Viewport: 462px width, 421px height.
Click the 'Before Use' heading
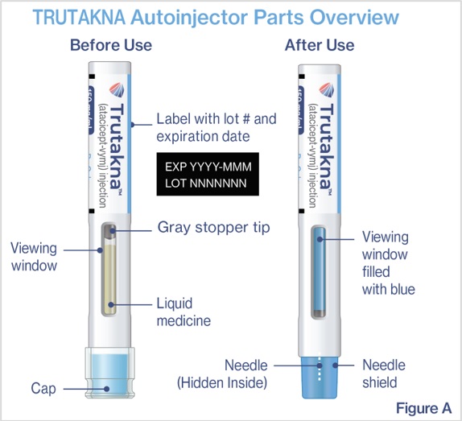111,45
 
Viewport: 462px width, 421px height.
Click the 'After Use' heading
320,45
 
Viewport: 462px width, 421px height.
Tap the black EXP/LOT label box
208,174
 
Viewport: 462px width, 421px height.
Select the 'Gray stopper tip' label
213,228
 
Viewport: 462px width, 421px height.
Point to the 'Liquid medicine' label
184,312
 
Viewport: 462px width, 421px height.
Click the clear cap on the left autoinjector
110,373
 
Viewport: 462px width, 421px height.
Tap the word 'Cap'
43,389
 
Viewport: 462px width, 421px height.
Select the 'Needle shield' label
384,374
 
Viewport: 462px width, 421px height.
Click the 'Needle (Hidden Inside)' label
222,374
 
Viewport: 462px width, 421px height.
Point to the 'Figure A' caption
423,408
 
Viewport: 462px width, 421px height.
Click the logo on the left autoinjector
118,90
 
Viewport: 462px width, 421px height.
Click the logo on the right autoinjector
328,90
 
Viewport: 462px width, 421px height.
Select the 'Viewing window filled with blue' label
388,263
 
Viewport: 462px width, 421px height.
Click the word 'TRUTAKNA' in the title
79,18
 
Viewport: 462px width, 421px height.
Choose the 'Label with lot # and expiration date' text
217,127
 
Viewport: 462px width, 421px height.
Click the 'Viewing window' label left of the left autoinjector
34,257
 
